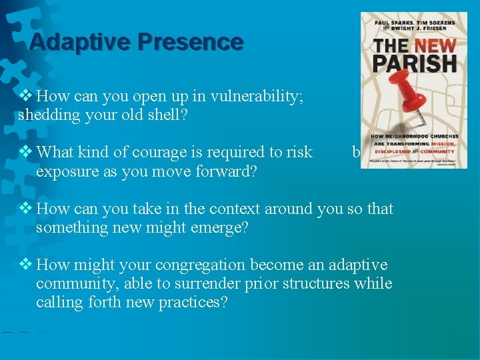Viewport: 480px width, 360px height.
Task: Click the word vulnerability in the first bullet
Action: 255,97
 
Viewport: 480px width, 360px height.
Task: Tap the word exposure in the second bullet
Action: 65,171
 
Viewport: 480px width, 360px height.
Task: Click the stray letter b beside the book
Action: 356,153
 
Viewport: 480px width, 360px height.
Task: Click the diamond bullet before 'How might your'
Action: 25,265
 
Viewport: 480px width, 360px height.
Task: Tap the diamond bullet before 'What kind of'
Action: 25,152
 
